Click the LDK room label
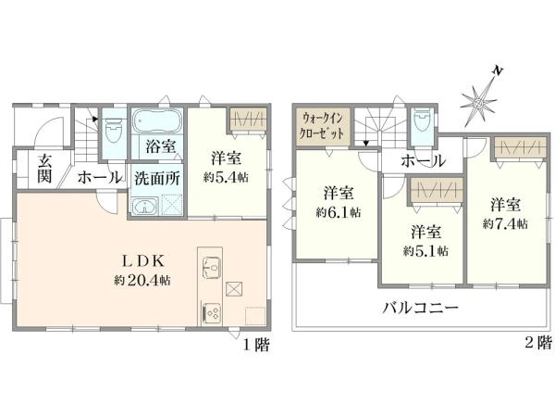pos(143,261)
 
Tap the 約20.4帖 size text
pos(142,280)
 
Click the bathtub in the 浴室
pos(157,121)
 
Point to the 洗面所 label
pos(157,178)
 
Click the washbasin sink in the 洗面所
pos(144,206)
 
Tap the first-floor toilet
pos(114,130)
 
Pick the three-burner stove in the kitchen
pos(211,312)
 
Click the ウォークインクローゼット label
pos(322,126)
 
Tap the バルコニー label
pos(420,307)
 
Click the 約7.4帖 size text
pos(505,224)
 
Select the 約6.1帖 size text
pos(338,213)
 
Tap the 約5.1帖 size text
pos(425,251)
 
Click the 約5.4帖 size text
pos(226,177)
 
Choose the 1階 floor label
pos(256,345)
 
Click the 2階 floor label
pos(538,343)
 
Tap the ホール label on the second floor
pos(423,161)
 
